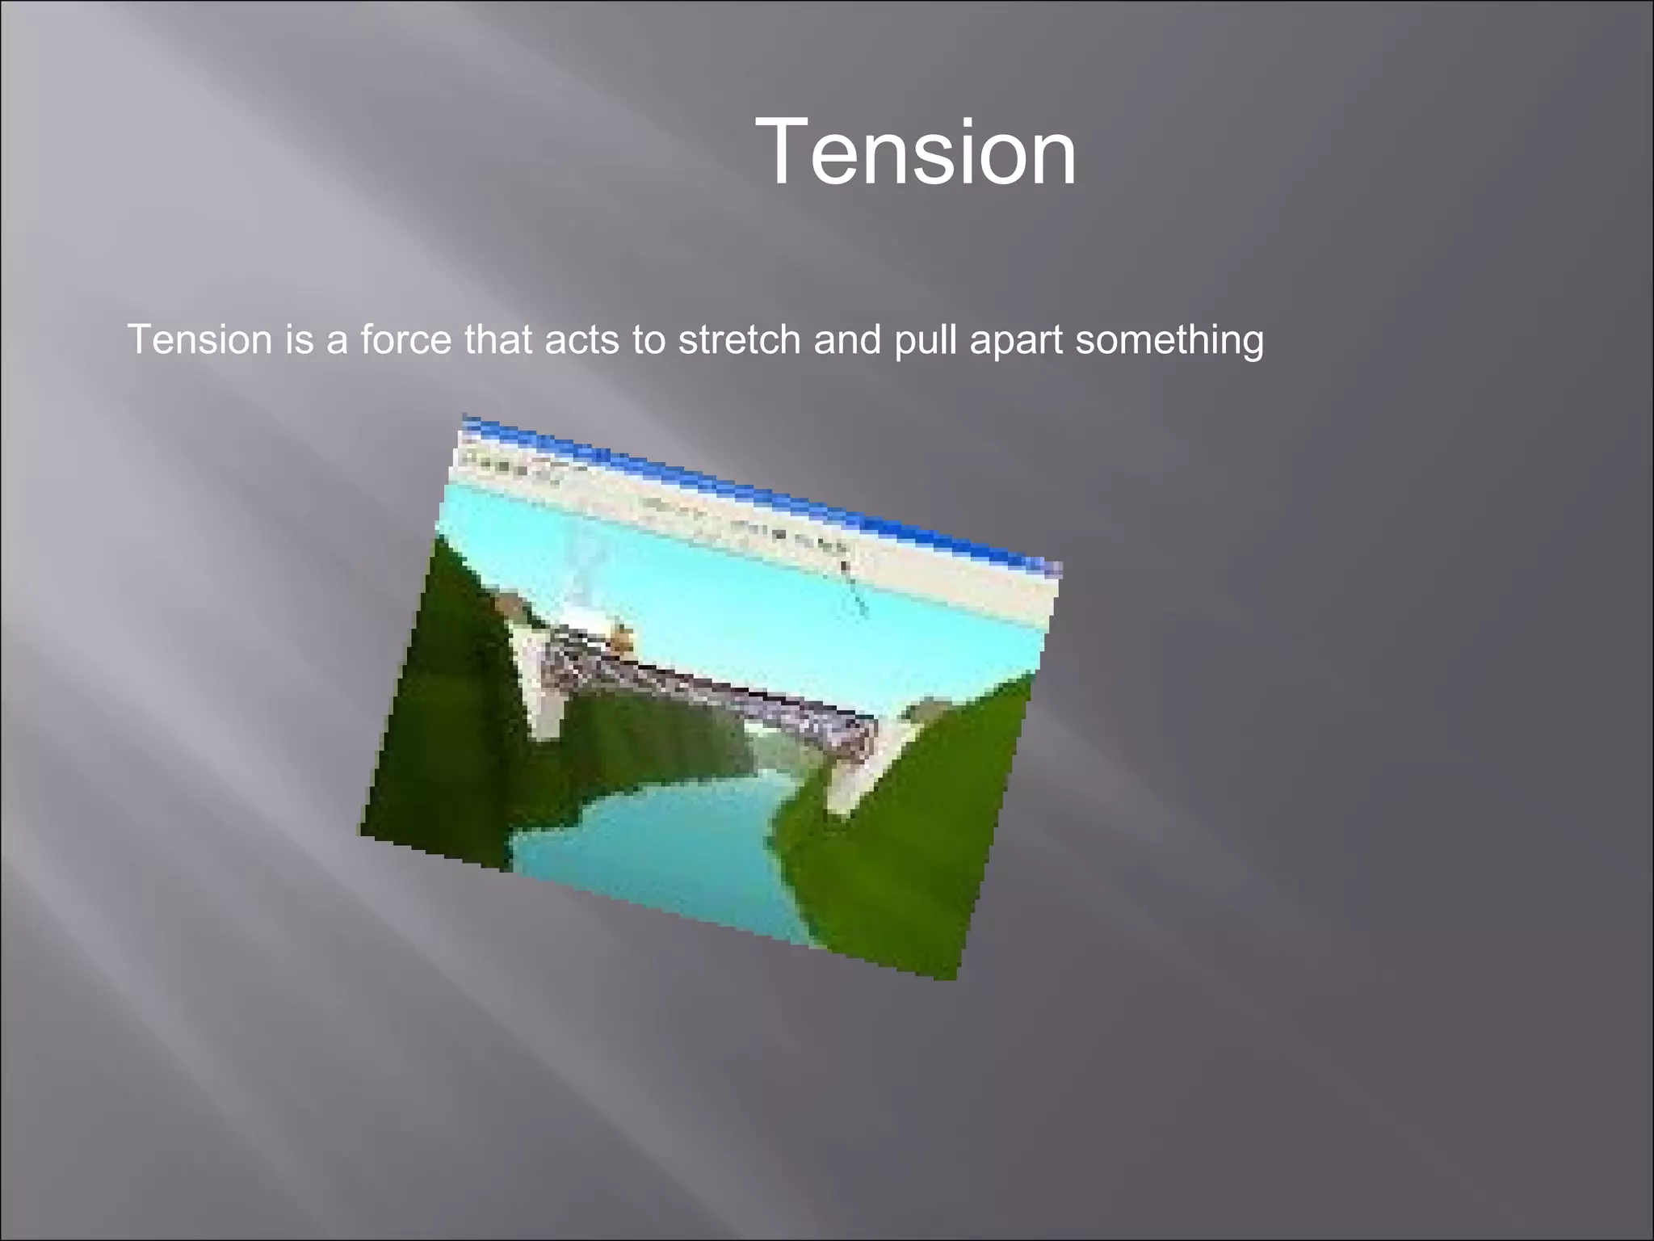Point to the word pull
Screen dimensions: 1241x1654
[926, 341]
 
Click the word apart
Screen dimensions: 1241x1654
[1016, 341]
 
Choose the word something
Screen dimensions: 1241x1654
[1169, 341]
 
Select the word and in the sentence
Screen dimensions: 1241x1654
[847, 339]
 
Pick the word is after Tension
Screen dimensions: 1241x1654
[299, 339]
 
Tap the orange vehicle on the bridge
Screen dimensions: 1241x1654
[620, 638]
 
